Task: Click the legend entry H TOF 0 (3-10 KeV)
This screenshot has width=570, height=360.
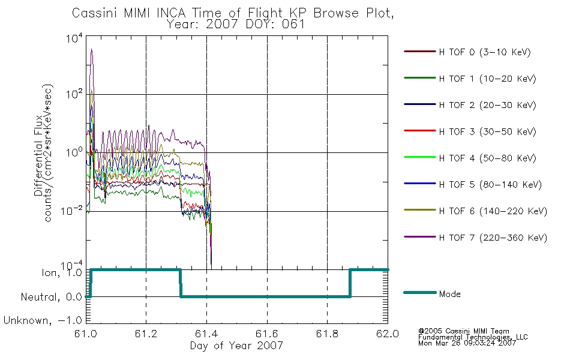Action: (485, 52)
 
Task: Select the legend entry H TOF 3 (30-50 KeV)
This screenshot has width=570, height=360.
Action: (487, 131)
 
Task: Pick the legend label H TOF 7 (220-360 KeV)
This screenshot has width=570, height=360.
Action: (493, 238)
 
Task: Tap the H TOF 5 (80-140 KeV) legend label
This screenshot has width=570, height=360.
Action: (490, 185)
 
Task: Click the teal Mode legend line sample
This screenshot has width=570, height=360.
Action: (420, 292)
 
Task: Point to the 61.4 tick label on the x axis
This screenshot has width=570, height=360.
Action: (206, 334)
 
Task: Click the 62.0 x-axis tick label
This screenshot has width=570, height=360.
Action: (388, 334)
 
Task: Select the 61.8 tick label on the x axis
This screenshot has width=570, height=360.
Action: (327, 334)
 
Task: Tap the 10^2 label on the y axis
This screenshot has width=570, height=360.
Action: (74, 94)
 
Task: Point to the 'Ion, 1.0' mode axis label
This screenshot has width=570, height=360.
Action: (62, 272)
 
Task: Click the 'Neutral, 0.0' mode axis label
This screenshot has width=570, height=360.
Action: (52, 297)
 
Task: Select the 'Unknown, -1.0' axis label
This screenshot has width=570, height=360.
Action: (43, 320)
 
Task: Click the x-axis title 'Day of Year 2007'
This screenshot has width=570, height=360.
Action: (236, 346)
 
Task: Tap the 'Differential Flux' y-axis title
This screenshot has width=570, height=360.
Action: (38, 155)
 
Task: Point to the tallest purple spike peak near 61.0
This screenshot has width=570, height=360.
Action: (92, 49)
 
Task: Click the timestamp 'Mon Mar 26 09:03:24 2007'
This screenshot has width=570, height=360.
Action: (467, 343)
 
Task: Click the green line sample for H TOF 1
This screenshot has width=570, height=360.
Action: (420, 78)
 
